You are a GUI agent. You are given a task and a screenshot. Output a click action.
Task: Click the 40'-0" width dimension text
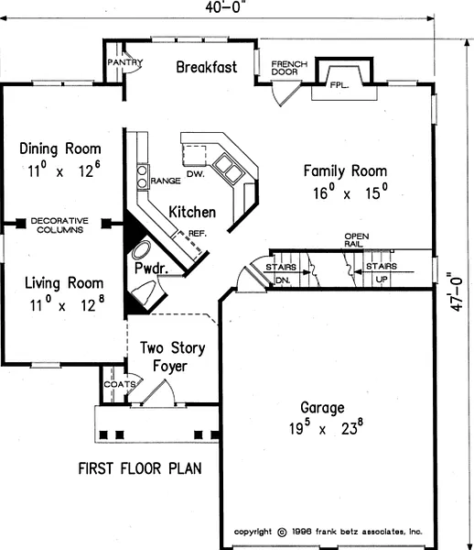[223, 7]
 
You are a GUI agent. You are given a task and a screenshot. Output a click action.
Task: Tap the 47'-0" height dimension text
[456, 291]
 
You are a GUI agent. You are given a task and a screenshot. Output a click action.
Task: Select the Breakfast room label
[207, 67]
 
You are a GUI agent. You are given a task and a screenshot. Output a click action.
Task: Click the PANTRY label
[125, 62]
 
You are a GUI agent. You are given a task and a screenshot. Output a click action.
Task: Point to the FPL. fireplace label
[339, 85]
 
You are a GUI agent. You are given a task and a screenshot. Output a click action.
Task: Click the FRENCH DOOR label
[289, 68]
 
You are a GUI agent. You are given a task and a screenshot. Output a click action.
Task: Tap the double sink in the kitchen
[227, 168]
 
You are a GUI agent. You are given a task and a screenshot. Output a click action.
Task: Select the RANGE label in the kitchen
[166, 181]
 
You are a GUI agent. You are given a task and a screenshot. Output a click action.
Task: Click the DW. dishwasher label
[195, 173]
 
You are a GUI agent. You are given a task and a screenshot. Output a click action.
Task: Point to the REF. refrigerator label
[198, 233]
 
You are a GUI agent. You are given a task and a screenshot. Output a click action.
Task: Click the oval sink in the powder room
[141, 249]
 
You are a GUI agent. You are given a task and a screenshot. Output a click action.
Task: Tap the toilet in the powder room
[145, 292]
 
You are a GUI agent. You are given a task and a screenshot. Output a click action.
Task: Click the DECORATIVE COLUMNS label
[59, 225]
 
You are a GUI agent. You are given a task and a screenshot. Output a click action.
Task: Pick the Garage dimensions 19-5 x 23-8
[326, 427]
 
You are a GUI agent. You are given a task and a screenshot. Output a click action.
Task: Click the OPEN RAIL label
[356, 240]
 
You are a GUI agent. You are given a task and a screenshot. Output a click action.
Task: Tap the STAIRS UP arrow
[384, 271]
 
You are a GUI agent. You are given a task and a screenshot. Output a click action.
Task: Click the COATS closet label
[120, 384]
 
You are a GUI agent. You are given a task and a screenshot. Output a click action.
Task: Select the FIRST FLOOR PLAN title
[140, 468]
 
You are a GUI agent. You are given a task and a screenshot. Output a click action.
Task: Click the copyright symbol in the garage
[282, 533]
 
